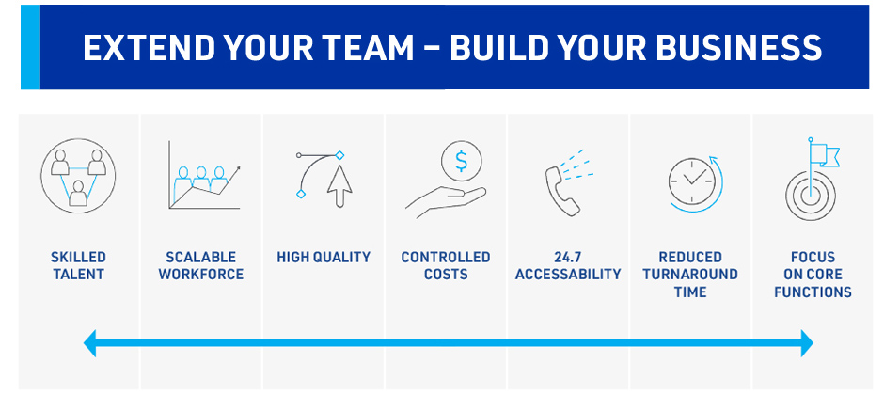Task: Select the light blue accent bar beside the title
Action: pyautogui.click(x=30, y=47)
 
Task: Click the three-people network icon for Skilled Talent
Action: pyautogui.click(x=78, y=176)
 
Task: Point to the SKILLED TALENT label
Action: pyautogui.click(x=78, y=265)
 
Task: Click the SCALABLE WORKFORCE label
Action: pyautogui.click(x=201, y=265)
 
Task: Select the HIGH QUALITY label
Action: pyautogui.click(x=324, y=257)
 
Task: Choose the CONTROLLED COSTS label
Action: pyautogui.click(x=446, y=265)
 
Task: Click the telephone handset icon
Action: pyautogui.click(x=562, y=191)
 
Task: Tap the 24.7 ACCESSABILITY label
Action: pyautogui.click(x=568, y=265)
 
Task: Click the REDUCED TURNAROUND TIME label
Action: pyautogui.click(x=690, y=275)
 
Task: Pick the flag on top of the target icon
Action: pyautogui.click(x=825, y=154)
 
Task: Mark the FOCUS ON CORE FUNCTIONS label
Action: pyautogui.click(x=813, y=275)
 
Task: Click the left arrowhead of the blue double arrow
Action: pyautogui.click(x=90, y=343)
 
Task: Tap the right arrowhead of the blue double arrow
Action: pyautogui.click(x=807, y=343)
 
